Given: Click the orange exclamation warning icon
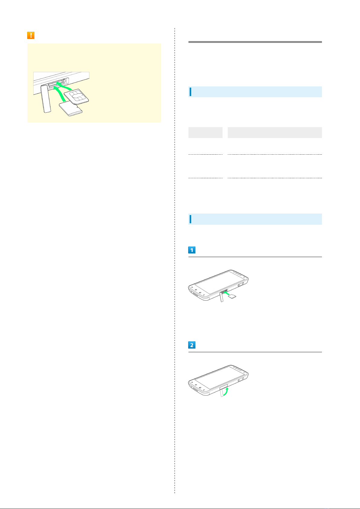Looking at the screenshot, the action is (31, 35).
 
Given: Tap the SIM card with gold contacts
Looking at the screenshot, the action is (76, 97).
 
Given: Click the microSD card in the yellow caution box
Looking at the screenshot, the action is (71, 109).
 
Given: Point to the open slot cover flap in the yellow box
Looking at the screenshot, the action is (46, 98).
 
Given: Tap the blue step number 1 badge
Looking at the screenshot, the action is (192, 250).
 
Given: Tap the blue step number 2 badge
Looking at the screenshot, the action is (192, 345).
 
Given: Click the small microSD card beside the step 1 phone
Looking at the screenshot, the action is (232, 296).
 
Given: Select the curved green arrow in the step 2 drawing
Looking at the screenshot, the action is (226, 391).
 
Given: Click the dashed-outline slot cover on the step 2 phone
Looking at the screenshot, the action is (222, 392).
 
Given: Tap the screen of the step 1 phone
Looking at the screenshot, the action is (219, 282).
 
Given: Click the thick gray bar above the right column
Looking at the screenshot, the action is (255, 42).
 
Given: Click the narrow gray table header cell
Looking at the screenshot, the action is (205, 133).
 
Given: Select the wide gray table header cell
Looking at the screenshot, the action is (275, 133).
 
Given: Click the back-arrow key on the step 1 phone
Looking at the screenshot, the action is (192, 288).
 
